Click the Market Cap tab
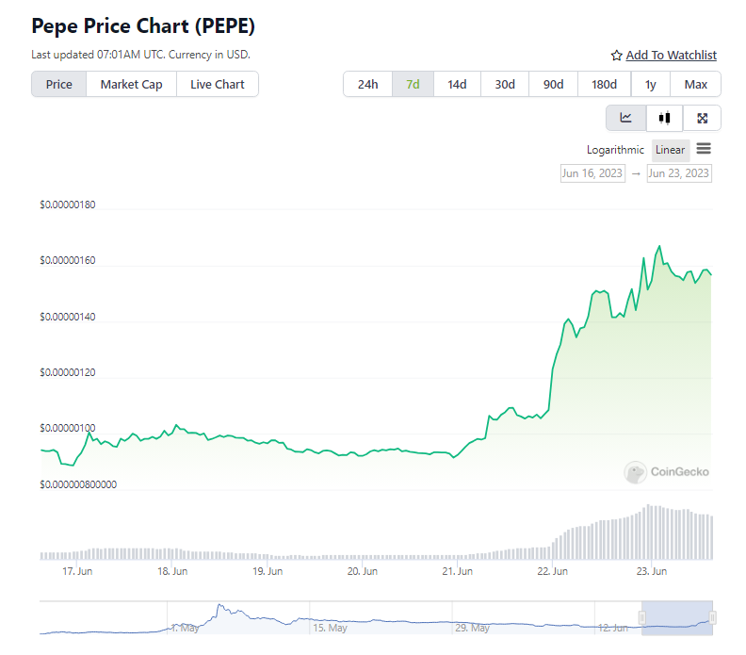coord(131,84)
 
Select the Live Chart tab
coord(217,84)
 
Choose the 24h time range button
coord(367,84)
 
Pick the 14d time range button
coord(457,84)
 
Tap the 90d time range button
coord(553,84)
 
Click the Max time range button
coord(696,84)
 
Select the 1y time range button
coord(651,84)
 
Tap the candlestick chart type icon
coord(664,118)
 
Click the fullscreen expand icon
coord(702,118)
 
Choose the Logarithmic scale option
coord(615,150)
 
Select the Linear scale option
coord(671,150)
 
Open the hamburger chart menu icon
coord(704,149)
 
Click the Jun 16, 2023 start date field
coord(592,173)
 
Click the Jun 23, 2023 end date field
coord(679,173)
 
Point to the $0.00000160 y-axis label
coord(68,261)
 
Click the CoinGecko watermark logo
coord(667,471)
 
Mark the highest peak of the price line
coord(659,247)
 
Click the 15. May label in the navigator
coord(331,627)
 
